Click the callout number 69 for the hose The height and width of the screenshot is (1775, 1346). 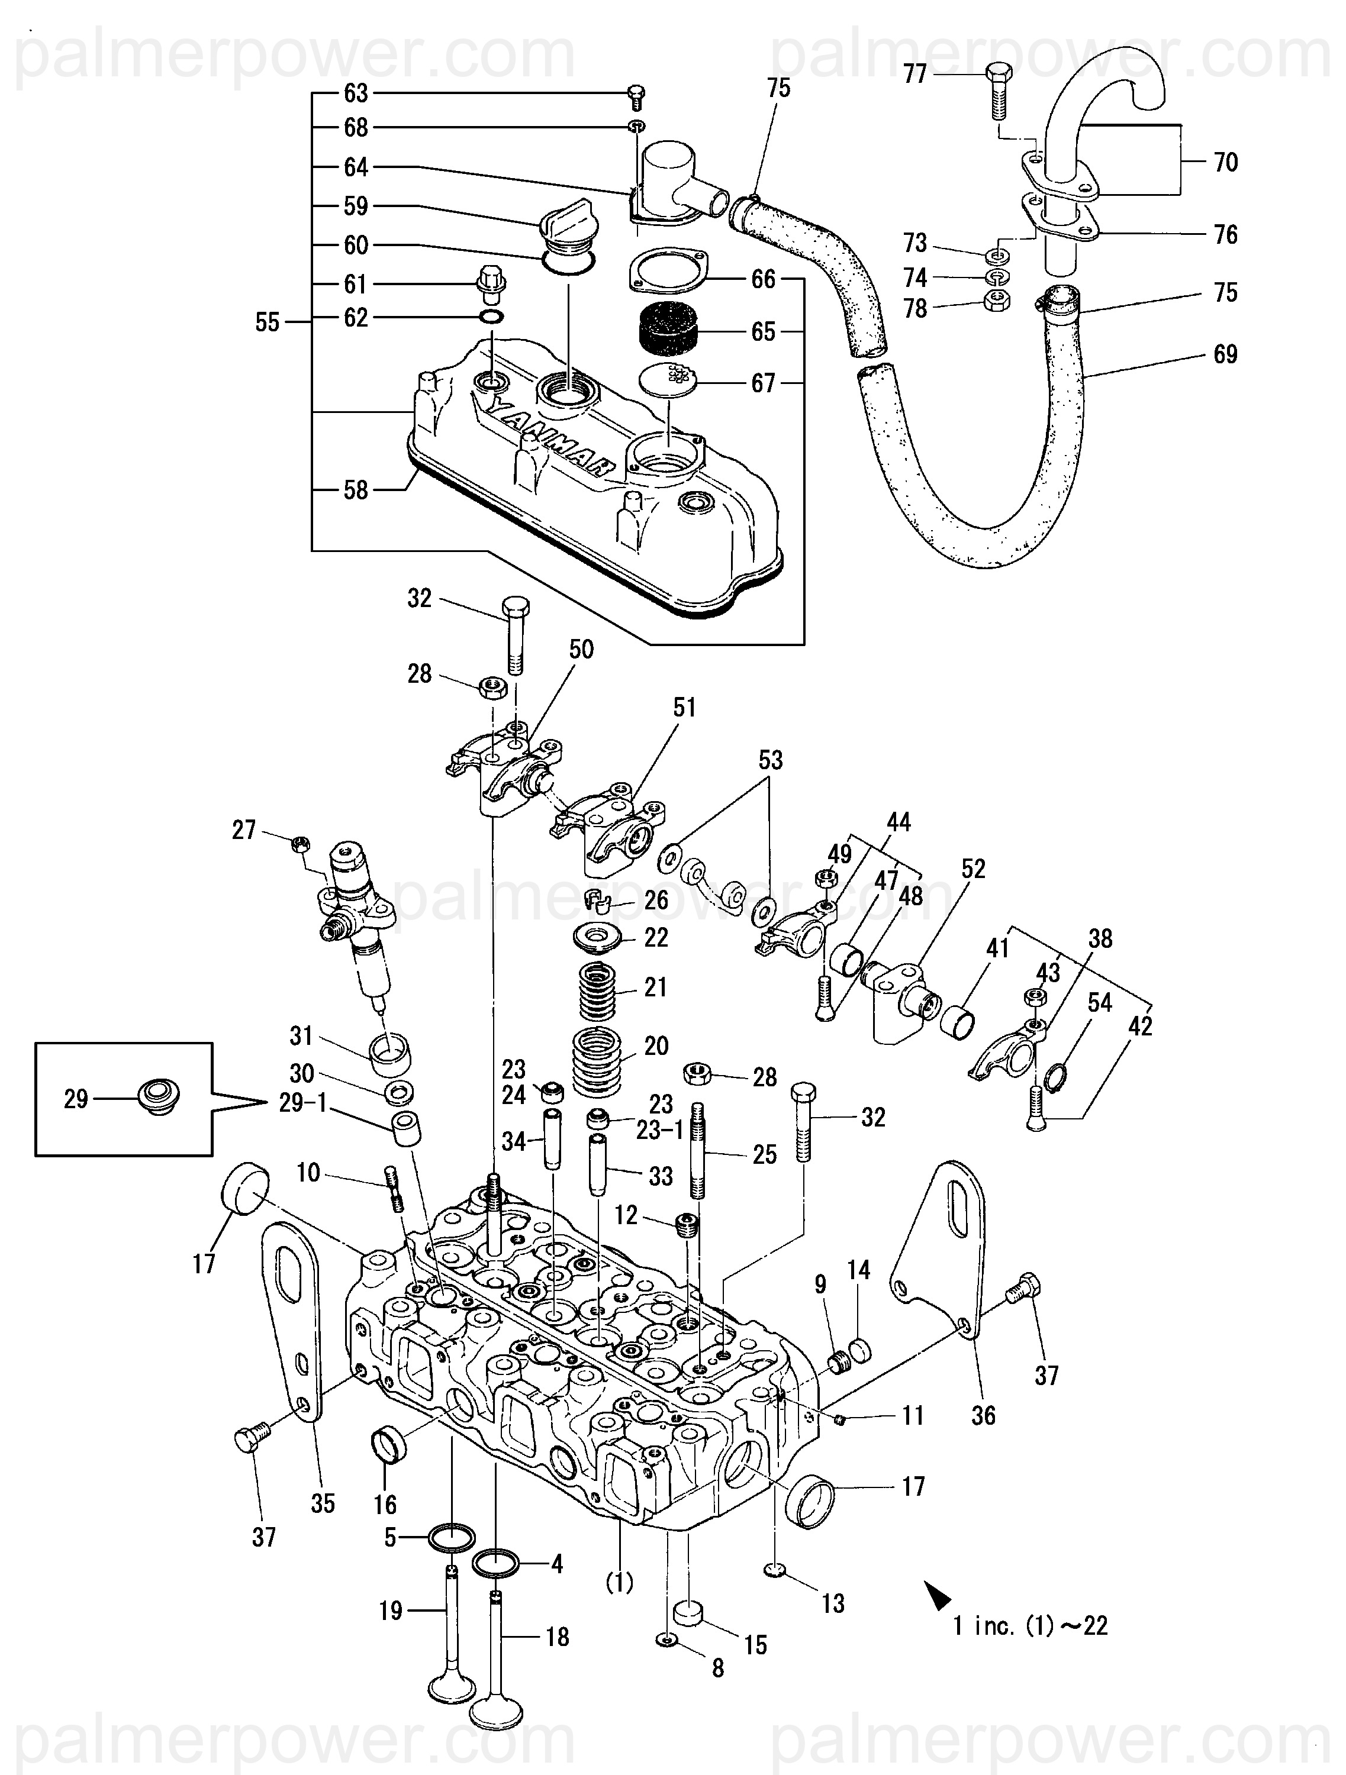coord(1225,354)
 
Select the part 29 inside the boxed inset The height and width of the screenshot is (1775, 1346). coord(159,1097)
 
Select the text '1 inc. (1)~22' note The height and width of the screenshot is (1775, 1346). coord(1031,1626)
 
